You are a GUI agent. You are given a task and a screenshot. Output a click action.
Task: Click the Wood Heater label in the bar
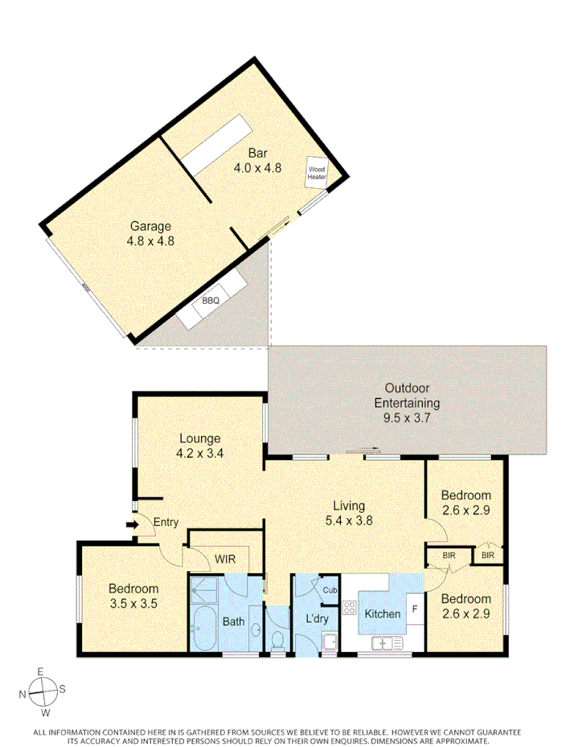pyautogui.click(x=317, y=172)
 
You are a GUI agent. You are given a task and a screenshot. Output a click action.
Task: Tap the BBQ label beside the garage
pyautogui.click(x=211, y=300)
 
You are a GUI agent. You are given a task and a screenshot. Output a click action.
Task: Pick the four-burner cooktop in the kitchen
pyautogui.click(x=350, y=608)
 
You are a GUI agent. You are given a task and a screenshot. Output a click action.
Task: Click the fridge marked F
pyautogui.click(x=414, y=609)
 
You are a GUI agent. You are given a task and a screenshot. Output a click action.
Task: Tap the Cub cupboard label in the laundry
pyautogui.click(x=330, y=589)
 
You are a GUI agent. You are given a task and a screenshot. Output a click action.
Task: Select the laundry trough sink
pyautogui.click(x=330, y=642)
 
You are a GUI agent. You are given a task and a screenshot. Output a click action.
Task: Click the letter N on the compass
pyautogui.click(x=24, y=689)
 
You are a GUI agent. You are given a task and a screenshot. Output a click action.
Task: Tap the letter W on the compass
pyautogui.click(x=46, y=712)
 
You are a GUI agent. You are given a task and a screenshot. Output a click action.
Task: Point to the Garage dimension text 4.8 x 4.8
pyautogui.click(x=150, y=240)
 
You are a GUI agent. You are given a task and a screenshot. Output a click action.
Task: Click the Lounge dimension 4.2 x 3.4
pyautogui.click(x=199, y=452)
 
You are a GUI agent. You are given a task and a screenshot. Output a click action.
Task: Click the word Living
pyautogui.click(x=350, y=506)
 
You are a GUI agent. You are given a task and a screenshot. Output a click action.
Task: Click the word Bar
pyautogui.click(x=257, y=154)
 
